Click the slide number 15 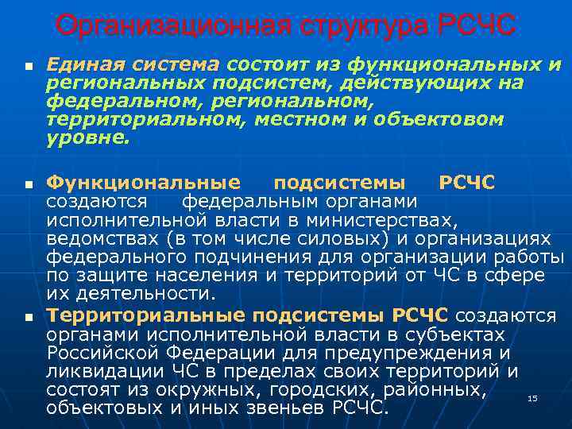tap(533, 397)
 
